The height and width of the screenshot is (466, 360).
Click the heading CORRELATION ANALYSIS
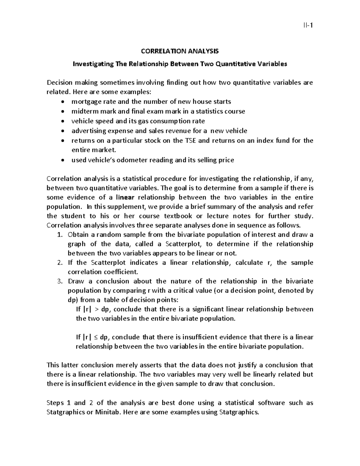point(180,51)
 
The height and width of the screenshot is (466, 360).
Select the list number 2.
point(59,263)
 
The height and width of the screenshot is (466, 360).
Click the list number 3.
point(59,281)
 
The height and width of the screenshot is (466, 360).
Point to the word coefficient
point(121,272)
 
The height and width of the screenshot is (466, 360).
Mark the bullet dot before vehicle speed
point(62,121)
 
